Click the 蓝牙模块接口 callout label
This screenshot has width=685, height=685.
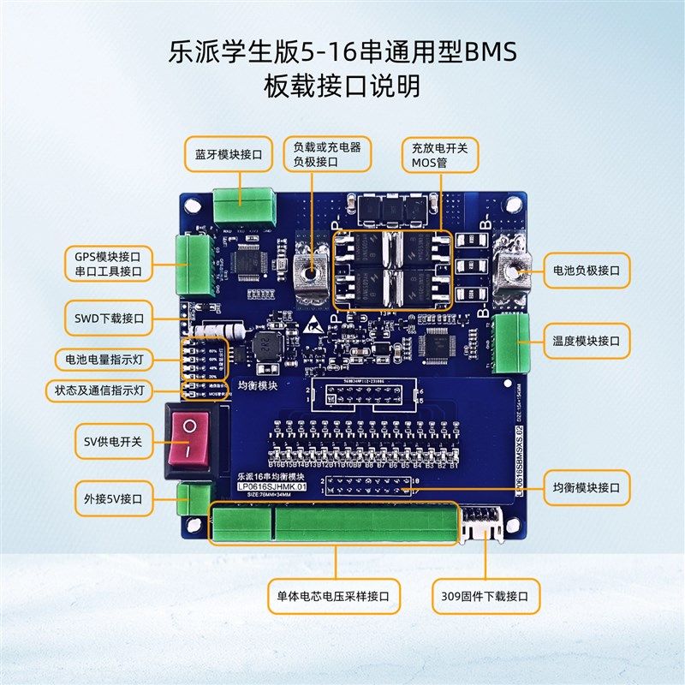228,154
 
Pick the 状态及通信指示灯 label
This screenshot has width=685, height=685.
99,390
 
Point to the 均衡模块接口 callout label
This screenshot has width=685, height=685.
587,489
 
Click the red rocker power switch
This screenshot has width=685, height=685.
191,438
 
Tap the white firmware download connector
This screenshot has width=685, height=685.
485,523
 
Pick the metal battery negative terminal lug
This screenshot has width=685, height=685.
515,273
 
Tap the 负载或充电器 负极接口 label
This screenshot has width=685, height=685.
327,154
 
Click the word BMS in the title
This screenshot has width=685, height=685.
491,53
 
